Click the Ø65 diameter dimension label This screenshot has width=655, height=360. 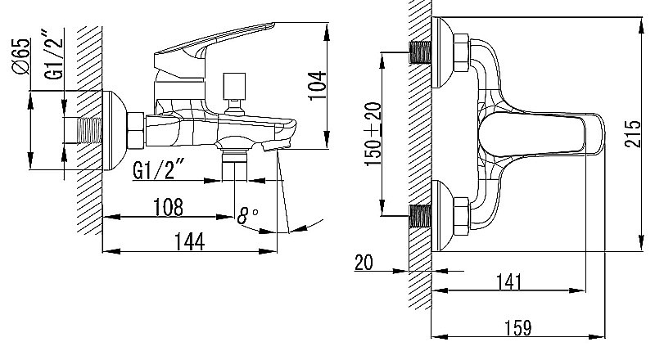pos(21,55)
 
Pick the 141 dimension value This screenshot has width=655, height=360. pos(508,281)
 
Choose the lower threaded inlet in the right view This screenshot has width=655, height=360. pos(422,215)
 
